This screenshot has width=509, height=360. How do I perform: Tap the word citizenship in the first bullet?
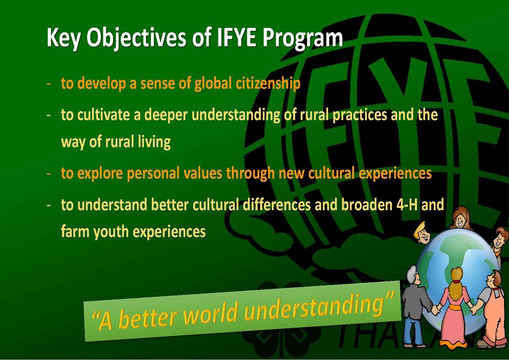pos(268,83)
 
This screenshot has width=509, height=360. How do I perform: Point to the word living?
pos(154,142)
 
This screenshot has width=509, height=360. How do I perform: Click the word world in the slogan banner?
pos(212,313)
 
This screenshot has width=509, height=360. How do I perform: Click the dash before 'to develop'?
pos(49,84)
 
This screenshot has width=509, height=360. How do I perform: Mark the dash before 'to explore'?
pos(49,174)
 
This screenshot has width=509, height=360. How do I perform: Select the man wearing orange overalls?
pos(490,308)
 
